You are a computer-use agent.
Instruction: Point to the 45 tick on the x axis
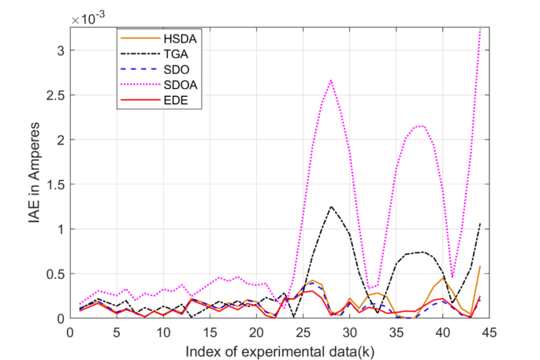pos(490,331)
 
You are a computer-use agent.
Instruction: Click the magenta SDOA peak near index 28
pos(331,80)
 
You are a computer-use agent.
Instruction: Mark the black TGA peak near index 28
pos(331,206)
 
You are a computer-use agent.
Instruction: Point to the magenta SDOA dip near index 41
pos(452,277)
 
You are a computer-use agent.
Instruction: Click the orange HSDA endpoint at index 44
pos(480,266)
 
